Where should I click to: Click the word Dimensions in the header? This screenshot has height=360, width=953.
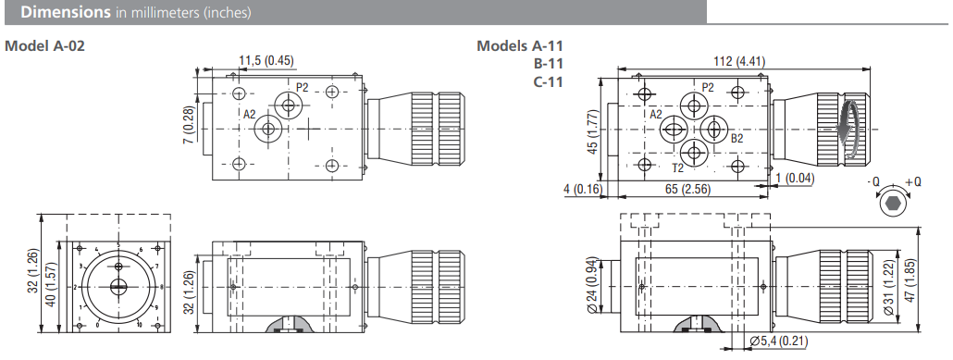[66, 12]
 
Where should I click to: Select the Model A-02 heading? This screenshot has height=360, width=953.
[44, 45]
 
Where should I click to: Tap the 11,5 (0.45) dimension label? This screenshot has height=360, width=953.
[266, 60]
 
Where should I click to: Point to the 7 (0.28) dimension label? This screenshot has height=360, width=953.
[190, 125]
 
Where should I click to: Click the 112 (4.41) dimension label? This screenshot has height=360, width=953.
[739, 61]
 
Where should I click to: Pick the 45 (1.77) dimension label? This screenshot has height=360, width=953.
[593, 131]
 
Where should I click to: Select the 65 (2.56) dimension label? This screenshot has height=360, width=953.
[687, 189]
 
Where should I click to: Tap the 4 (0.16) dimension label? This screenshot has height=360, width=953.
[582, 189]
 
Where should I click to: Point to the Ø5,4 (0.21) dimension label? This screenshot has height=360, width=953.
[779, 341]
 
